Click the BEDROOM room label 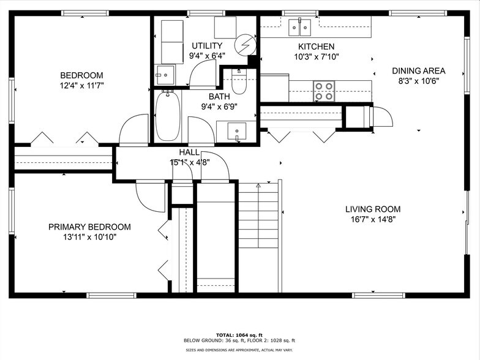[x=82, y=75]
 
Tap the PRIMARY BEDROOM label [x=89, y=227]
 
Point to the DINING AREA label [x=419, y=70]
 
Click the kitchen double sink [x=300, y=27]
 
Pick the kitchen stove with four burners [x=324, y=91]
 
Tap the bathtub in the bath [x=167, y=116]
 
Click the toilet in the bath [x=239, y=82]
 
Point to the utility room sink [x=165, y=75]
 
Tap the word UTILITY [x=207, y=46]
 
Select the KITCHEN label [x=316, y=47]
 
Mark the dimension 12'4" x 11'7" [x=82, y=86]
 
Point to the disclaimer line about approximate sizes [x=240, y=350]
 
